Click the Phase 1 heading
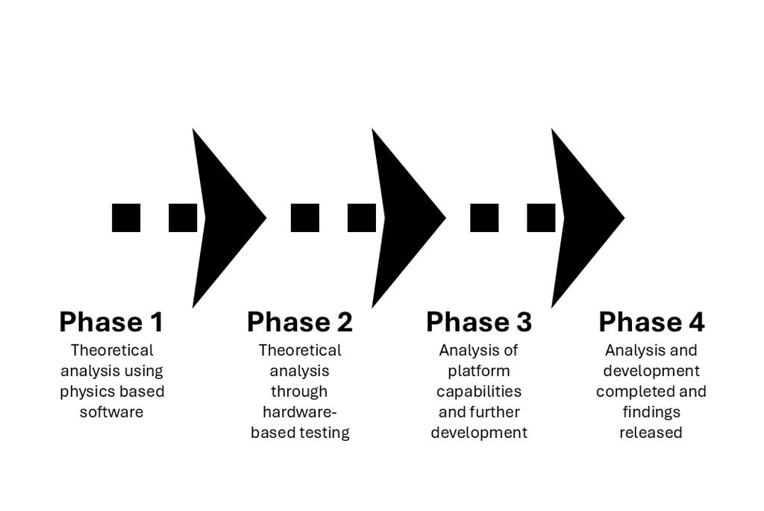[x=111, y=322]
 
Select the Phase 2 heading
[x=299, y=322]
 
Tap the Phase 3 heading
[x=478, y=322]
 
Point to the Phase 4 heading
[x=651, y=322]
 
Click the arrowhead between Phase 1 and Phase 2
[x=224, y=218]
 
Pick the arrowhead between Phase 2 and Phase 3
[x=403, y=218]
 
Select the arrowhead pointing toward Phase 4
[x=583, y=218]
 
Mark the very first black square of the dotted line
[x=126, y=218]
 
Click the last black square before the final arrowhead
[x=541, y=218]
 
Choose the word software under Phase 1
[x=111, y=412]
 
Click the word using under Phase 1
[x=143, y=371]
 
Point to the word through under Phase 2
[x=299, y=392]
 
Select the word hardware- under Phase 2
[x=299, y=412]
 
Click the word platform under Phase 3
[x=478, y=371]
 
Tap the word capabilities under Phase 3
[x=478, y=392]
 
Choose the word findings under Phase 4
[x=651, y=412]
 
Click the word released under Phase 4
[x=651, y=433]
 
